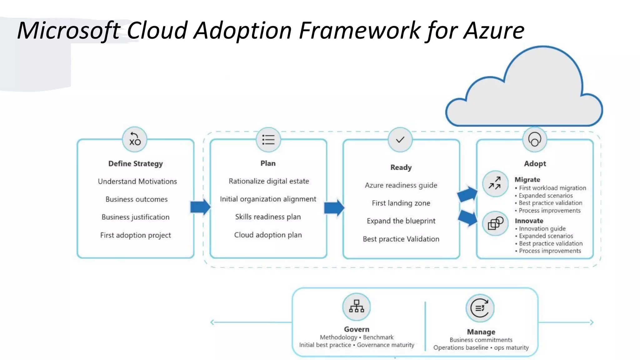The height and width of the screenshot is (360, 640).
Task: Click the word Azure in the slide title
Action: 493,30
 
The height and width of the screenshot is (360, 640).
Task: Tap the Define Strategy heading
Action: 135,164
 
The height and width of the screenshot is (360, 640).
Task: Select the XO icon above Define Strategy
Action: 135,139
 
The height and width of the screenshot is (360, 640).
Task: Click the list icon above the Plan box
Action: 268,139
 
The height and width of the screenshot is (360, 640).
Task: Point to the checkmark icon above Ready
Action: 400,140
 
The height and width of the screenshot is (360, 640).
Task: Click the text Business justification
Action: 135,217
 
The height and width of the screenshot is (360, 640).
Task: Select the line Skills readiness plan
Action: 268,217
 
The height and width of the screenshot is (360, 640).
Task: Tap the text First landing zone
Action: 401,203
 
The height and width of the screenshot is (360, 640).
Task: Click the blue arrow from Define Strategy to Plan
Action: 200,207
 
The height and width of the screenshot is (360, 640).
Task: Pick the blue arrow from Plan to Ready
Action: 334,207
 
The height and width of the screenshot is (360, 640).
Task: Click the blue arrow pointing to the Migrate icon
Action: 467,194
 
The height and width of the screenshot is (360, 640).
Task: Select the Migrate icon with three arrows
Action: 495,183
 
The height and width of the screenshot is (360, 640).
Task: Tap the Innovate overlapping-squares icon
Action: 495,223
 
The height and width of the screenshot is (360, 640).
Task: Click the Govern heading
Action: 357,329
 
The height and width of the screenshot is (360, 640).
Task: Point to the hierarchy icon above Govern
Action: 356,307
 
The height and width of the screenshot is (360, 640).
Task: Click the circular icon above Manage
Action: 480,308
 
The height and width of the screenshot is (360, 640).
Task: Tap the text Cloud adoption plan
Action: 268,235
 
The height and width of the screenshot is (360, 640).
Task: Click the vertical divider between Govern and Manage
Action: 425,325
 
